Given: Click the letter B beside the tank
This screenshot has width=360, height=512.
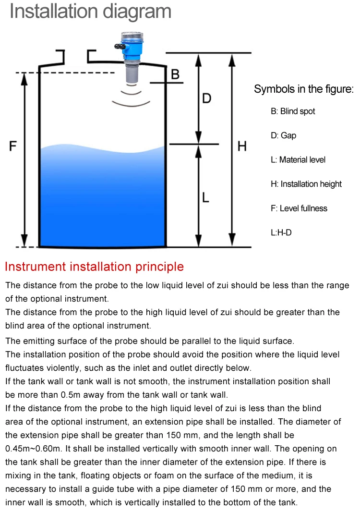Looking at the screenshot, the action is tap(175, 74).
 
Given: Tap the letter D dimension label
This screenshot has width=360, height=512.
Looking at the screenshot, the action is tap(206, 98).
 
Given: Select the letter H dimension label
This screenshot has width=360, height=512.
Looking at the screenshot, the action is tap(242, 146).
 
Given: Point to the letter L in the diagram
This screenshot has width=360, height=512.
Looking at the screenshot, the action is tap(205, 197).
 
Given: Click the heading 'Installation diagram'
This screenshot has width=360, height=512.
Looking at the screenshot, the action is tap(90, 12).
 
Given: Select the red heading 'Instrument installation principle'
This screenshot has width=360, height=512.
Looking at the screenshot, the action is tap(94, 267).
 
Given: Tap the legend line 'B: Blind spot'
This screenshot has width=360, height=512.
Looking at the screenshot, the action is tap(293, 111).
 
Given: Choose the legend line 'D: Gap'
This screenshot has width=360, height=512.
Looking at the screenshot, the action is tap(283, 135).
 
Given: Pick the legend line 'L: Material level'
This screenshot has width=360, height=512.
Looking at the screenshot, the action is tap(298, 159).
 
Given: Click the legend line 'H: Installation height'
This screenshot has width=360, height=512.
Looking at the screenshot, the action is tap(306, 184).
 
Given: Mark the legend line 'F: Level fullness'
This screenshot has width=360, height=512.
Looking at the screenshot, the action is tap(299, 208).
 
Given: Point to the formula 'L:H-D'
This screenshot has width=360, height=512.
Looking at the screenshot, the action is tap(281, 232).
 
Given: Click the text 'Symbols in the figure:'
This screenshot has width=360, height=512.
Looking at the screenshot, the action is tap(303, 89).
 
